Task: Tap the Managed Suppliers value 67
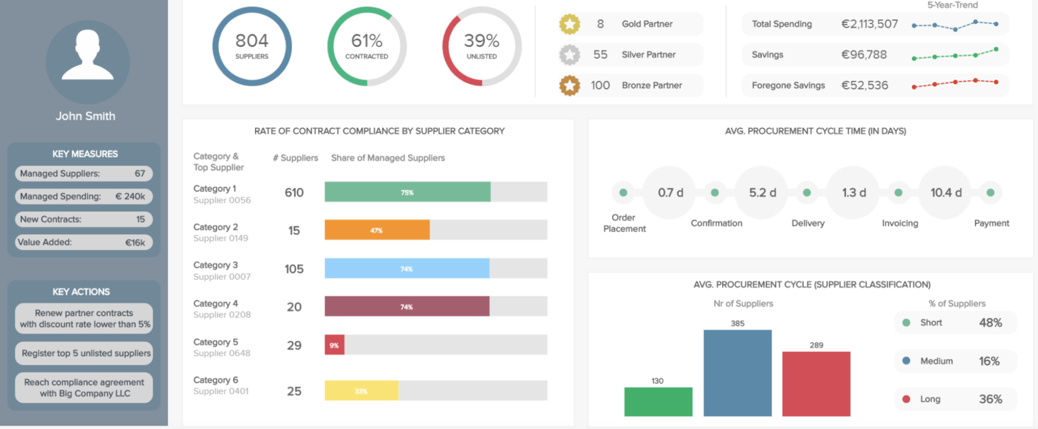click(140, 173)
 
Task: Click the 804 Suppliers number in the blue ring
click(252, 41)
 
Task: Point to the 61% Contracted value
click(367, 41)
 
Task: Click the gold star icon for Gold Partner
click(570, 24)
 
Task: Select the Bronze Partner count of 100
click(600, 85)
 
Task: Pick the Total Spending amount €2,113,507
click(869, 24)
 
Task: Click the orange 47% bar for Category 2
click(377, 230)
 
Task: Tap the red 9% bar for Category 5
click(334, 345)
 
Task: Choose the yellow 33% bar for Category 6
click(361, 391)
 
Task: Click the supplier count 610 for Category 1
click(294, 193)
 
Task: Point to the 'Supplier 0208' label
click(222, 315)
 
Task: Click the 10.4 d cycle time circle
click(945, 193)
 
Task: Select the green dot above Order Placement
click(623, 193)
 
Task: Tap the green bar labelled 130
click(658, 401)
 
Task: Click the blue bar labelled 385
click(737, 373)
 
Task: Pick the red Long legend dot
click(906, 399)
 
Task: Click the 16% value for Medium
click(989, 361)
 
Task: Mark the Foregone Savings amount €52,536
click(865, 85)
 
